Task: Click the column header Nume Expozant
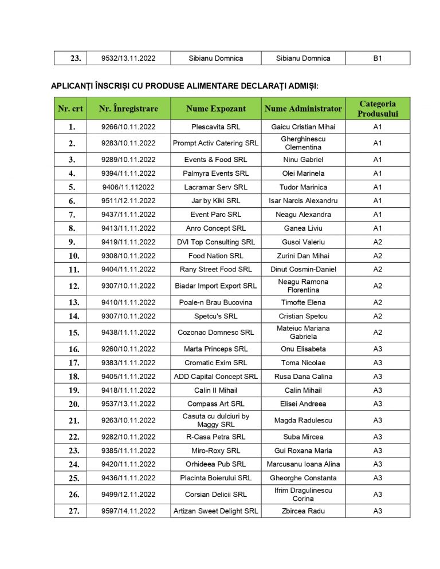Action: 215,108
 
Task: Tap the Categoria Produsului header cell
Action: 378,108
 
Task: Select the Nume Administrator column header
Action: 303,108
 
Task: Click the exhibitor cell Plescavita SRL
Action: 215,127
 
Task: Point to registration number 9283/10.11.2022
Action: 128,143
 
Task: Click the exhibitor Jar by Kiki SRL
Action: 215,201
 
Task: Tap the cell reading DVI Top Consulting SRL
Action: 215,242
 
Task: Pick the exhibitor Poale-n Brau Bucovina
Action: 215,302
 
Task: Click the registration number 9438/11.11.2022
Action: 128,333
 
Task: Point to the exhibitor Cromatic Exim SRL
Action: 215,363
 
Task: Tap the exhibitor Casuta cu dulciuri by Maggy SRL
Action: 215,420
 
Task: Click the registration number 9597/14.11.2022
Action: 128,511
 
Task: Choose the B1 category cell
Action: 378,58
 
